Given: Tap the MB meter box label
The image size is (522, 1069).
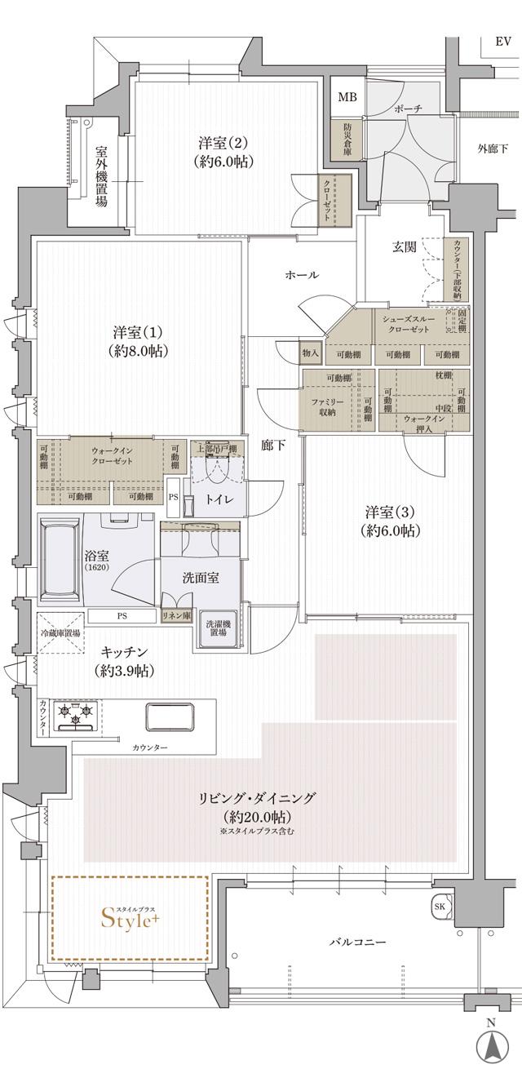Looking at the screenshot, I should click(347, 97).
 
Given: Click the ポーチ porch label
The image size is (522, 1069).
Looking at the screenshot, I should click(408, 108).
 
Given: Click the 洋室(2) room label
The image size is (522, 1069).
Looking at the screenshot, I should click(223, 151).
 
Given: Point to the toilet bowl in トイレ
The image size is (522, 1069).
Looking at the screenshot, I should click(218, 468).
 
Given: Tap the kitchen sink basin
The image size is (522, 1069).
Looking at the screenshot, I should click(170, 716).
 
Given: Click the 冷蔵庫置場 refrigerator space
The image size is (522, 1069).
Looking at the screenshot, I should click(60, 632).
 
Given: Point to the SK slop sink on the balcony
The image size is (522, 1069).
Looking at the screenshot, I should click(439, 907).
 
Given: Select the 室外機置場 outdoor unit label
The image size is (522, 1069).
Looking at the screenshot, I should click(101, 177).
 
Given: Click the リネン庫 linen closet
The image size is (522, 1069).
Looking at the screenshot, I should click(177, 616).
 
